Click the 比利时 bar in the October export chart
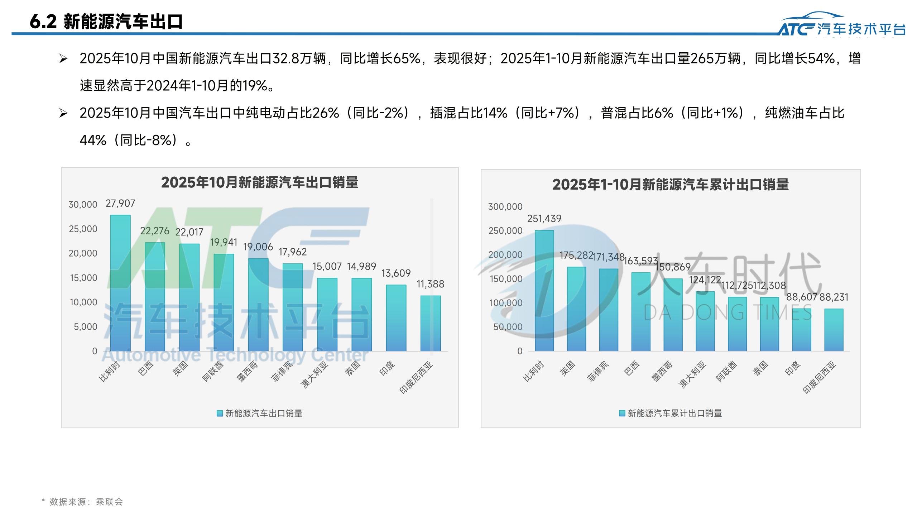120,283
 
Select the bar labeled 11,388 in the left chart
430,323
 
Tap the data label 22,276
155,231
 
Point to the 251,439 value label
544,219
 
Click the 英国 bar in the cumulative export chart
576,309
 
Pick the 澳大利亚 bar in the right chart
705,321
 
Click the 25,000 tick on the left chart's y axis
83,229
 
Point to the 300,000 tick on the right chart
505,207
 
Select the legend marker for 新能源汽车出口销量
220,414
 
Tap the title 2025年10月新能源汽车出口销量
260,182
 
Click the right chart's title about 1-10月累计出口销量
670,185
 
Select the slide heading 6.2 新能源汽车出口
106,21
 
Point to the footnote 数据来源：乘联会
86,502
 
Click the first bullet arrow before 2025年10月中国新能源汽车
63,58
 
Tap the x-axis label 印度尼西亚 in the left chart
416,377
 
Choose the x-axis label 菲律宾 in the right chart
598,371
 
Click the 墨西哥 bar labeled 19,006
258,305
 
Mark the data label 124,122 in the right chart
705,280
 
